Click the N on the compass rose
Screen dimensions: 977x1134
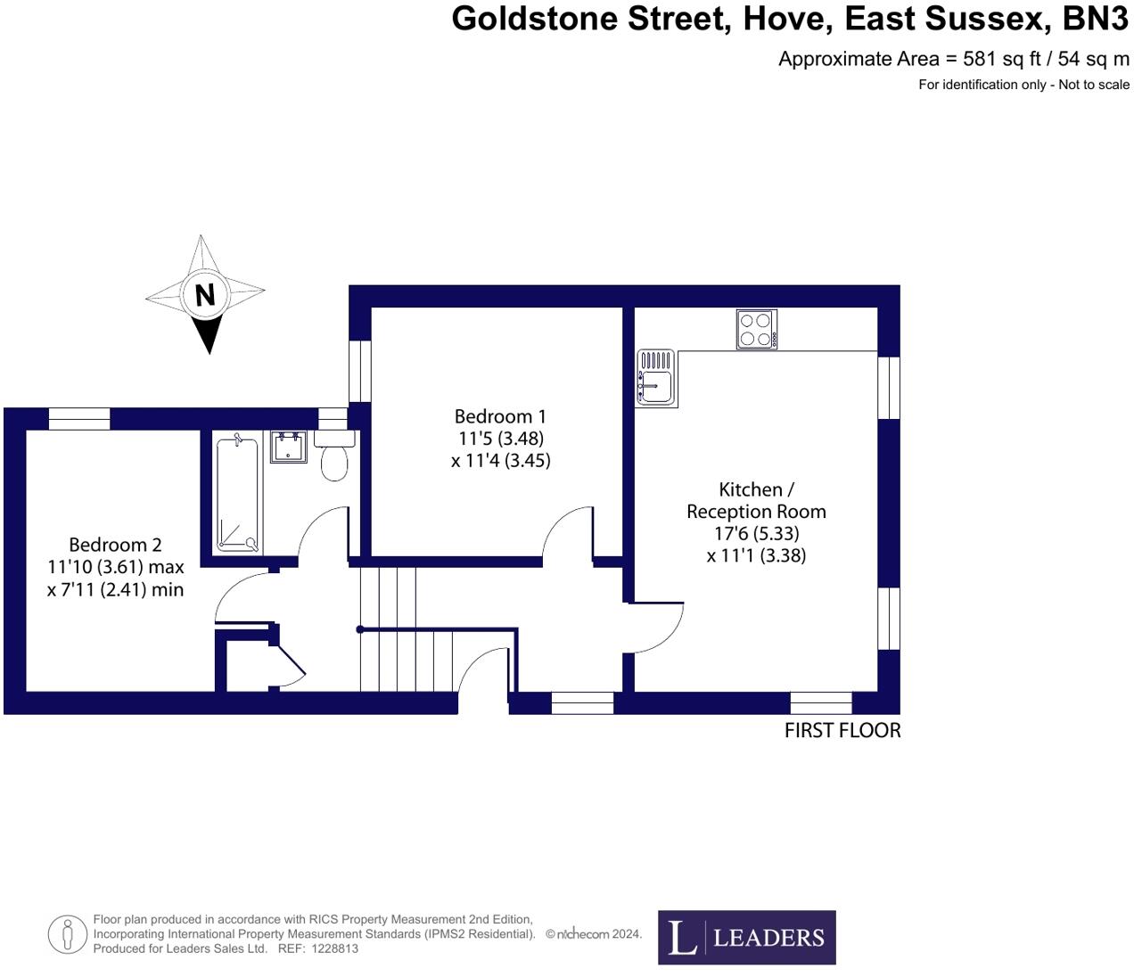point(205,294)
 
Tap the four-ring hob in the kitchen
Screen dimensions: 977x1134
point(756,329)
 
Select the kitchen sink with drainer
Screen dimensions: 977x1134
point(657,377)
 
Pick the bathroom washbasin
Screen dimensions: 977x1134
point(289,447)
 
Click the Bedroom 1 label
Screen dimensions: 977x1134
point(499,416)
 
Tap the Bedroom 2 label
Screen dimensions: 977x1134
point(115,545)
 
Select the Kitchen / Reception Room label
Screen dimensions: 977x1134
point(756,500)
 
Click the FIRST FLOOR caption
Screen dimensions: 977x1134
point(842,730)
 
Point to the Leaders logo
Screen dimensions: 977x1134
point(747,937)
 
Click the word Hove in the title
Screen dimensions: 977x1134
point(788,18)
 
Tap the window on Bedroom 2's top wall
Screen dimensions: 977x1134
point(79,418)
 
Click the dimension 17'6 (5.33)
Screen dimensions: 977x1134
point(755,533)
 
